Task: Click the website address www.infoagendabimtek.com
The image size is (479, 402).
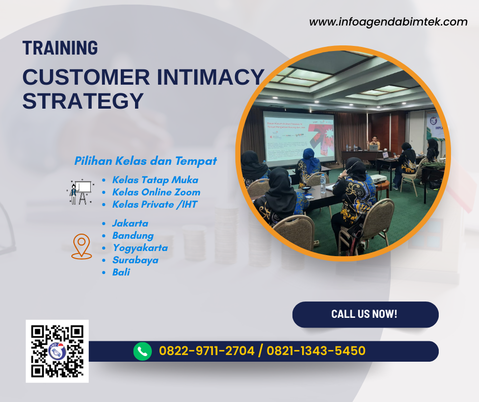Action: [388, 22]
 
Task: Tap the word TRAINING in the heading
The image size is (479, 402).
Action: [60, 48]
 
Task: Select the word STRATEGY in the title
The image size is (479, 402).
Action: [83, 100]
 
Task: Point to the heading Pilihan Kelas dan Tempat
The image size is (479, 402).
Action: [146, 161]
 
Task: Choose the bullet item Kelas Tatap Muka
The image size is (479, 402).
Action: [155, 180]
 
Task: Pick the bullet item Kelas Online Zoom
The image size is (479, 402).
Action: [156, 192]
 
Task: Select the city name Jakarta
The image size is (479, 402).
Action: [130, 223]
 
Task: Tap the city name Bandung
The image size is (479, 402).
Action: [132, 236]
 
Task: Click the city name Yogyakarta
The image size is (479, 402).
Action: [140, 248]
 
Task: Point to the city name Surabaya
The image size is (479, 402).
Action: [135, 260]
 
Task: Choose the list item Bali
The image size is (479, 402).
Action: [121, 272]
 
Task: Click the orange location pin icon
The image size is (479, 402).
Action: [82, 247]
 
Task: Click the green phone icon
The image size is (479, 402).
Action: [143, 351]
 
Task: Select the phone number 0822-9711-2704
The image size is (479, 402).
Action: [207, 351]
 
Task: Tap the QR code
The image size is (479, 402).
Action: [57, 351]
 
